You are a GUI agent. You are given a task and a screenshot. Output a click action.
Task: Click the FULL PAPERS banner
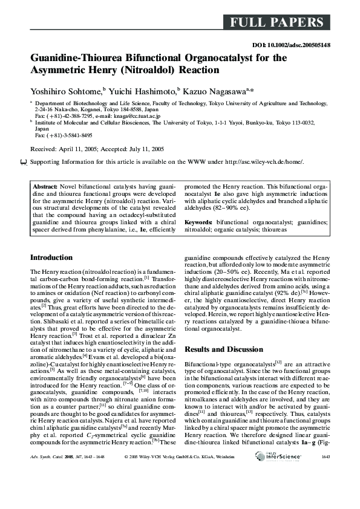point(276,23)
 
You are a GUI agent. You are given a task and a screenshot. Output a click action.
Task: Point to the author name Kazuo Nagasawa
point(217,91)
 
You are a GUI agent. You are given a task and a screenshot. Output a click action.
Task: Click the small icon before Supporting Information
point(24,162)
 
